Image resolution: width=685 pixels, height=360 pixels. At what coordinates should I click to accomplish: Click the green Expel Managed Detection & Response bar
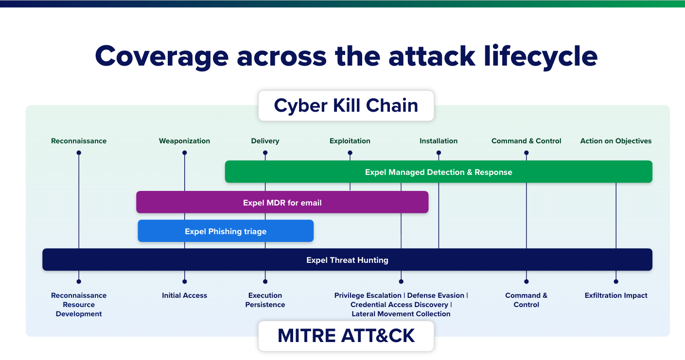pyautogui.click(x=439, y=172)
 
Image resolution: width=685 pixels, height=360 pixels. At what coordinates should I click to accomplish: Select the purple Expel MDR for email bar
pyautogui.click(x=282, y=203)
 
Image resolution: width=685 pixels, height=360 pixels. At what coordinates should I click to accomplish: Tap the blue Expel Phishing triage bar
pyautogui.click(x=226, y=231)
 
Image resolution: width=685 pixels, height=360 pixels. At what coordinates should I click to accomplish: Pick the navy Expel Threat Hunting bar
pyautogui.click(x=347, y=260)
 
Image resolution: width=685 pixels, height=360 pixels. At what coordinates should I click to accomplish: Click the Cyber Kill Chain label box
pyautogui.click(x=346, y=105)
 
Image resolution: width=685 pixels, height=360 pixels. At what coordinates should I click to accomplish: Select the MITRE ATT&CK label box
pyautogui.click(x=346, y=335)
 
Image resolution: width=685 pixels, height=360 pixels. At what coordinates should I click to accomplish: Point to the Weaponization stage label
pyautogui.click(x=184, y=141)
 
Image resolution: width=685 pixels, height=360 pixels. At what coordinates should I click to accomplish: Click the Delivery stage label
pyautogui.click(x=265, y=141)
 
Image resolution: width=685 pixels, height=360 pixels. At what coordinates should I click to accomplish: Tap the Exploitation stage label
pyautogui.click(x=350, y=141)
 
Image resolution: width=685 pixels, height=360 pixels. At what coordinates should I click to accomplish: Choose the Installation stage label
pyautogui.click(x=439, y=141)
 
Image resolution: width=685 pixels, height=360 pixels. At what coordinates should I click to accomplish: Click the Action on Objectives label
pyautogui.click(x=615, y=141)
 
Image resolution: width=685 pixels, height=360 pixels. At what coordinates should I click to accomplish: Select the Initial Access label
pyautogui.click(x=184, y=295)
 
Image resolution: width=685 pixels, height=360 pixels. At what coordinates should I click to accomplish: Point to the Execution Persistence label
pyautogui.click(x=265, y=300)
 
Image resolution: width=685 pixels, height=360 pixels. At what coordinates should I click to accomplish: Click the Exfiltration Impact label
pyautogui.click(x=615, y=295)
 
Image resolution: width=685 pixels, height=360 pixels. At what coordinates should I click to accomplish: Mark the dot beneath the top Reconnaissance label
pyautogui.click(x=79, y=153)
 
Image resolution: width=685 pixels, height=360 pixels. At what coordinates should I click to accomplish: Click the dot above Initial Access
pyautogui.click(x=184, y=281)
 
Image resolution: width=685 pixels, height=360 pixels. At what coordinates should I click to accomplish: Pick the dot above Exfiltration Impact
pyautogui.click(x=615, y=281)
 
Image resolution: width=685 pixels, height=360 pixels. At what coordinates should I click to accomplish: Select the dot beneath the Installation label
pyautogui.click(x=439, y=153)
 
